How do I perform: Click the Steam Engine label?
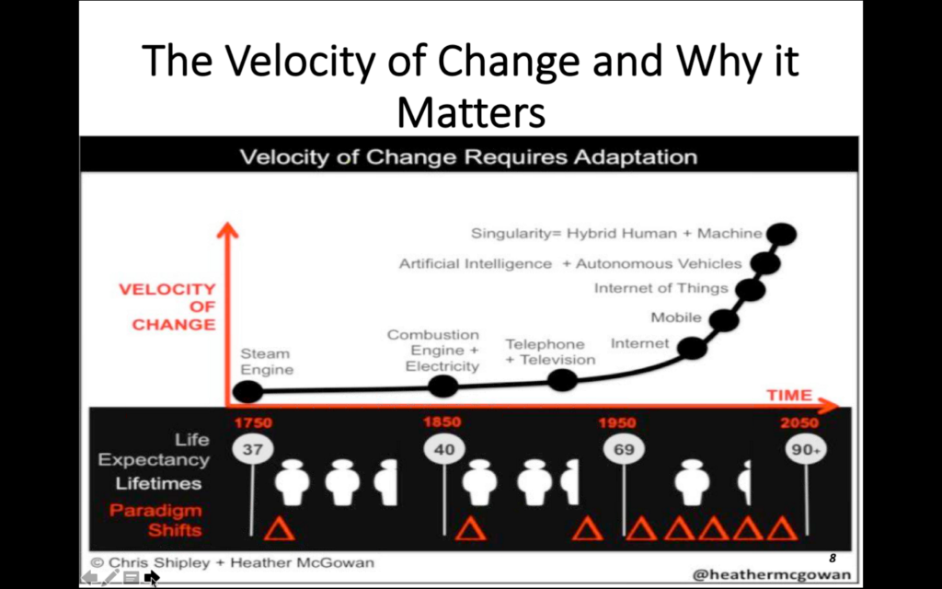coord(267,361)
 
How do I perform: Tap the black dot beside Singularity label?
coord(782,234)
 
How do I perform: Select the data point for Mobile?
coord(724,319)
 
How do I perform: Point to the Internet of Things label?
coord(661,288)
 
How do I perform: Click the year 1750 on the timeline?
coord(253,422)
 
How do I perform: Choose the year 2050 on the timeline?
coord(799,422)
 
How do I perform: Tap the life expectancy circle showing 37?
coord(252,449)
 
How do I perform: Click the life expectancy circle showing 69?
coord(624,449)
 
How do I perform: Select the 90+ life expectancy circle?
coord(806,449)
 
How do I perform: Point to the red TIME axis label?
coord(789,395)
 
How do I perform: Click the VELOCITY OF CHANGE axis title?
coord(167,306)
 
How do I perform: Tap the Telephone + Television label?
coord(550,352)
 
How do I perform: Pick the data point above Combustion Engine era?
coord(443,386)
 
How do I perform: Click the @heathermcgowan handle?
coord(772,574)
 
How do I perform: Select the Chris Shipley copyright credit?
coord(232,562)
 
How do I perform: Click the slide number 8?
coord(832,559)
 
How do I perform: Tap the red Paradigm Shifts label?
coord(155,520)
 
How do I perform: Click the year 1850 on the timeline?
coord(442,422)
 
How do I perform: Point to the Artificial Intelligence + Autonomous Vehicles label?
coord(570,264)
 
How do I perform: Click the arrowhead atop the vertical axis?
coord(227,229)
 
